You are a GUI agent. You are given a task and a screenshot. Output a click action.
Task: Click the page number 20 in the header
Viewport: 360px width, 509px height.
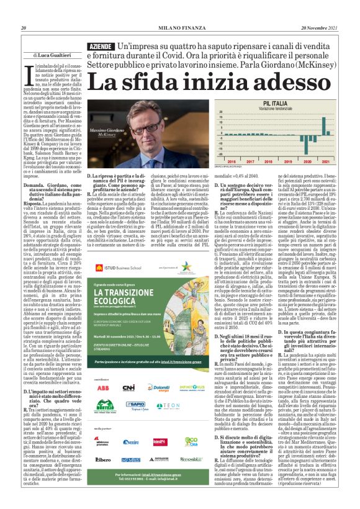24,28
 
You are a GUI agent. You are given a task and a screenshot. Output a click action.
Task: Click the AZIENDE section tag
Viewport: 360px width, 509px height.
101,48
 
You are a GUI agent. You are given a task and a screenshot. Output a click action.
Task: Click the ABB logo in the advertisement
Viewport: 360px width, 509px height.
103,388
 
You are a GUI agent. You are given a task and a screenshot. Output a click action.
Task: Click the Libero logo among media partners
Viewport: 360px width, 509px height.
103,459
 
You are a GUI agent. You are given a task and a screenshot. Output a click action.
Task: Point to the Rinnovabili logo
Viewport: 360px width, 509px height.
160,459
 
